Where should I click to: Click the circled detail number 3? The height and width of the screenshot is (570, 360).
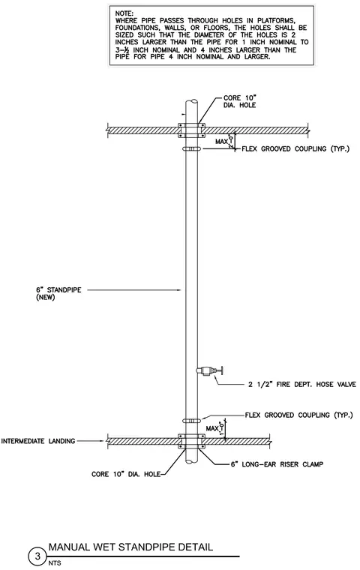point(37,556)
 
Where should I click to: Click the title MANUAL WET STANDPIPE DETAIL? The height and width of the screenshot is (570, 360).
point(131,547)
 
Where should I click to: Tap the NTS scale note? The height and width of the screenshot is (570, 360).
point(55,563)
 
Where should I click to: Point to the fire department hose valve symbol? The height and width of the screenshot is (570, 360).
point(209,370)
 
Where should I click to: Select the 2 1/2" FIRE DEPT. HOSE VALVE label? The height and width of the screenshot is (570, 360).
point(302,384)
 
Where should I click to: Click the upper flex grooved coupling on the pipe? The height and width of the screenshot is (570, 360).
point(191,148)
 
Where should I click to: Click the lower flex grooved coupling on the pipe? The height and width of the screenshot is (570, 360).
point(191,421)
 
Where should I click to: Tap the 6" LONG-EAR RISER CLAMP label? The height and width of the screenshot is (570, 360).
point(277,464)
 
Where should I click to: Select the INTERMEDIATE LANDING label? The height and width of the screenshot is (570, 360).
point(38,441)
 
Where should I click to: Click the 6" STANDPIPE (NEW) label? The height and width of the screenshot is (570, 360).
point(58,294)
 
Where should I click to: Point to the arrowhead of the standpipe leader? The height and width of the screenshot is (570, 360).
point(179,290)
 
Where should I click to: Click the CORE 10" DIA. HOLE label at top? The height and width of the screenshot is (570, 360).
point(240,101)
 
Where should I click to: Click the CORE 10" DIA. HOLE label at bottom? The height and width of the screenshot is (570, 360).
point(126,475)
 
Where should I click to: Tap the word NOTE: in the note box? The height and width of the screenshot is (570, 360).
point(124,13)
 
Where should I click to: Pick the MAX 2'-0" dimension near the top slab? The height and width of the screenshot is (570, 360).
point(225,141)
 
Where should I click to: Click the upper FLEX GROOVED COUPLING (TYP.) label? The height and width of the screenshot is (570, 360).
point(295,148)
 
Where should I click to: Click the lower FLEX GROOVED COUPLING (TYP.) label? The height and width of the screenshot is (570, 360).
point(298,415)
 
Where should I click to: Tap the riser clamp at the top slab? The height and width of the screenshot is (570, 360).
point(191,130)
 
